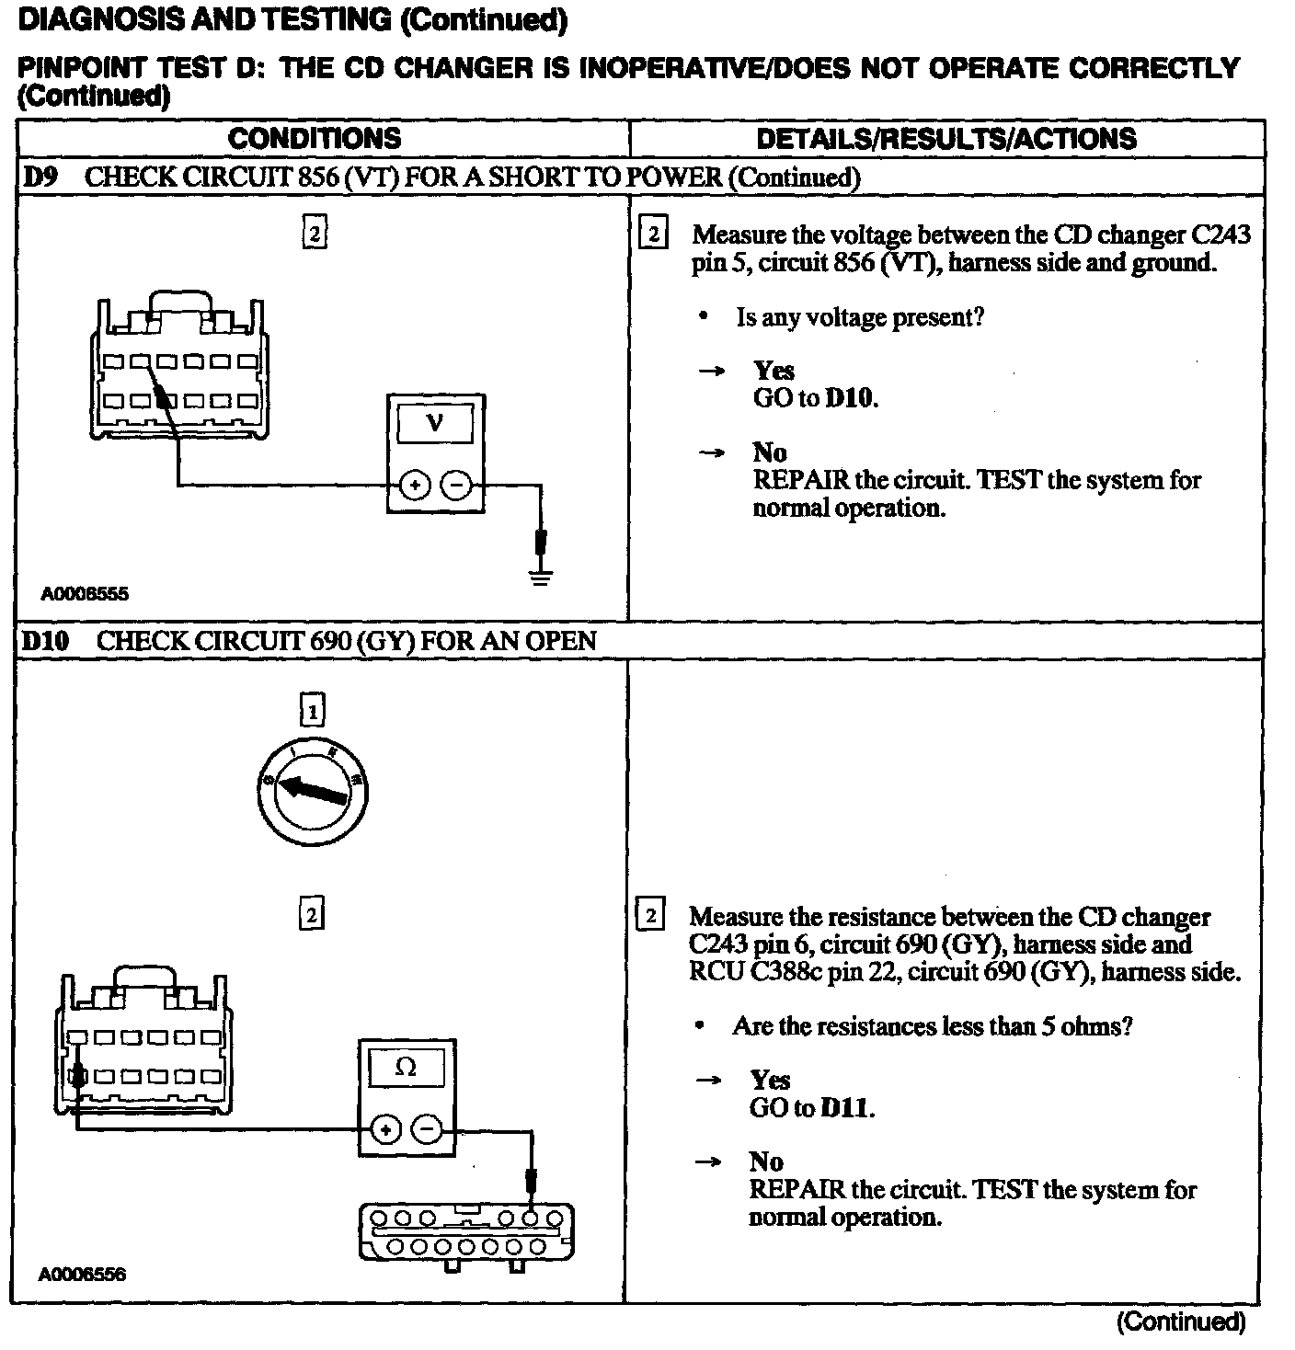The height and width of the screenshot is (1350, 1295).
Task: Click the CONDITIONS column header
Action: point(315,139)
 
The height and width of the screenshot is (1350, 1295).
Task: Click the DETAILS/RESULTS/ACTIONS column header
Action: point(946,139)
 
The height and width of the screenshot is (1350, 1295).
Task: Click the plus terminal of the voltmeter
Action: point(415,485)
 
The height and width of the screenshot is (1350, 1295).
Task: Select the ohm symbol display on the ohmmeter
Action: point(406,1068)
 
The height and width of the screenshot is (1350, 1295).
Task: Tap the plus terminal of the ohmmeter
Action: point(385,1129)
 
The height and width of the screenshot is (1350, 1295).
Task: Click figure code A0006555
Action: point(85,594)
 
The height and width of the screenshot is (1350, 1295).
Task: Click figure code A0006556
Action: point(82,1275)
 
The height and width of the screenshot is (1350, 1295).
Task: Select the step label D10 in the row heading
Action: point(45,641)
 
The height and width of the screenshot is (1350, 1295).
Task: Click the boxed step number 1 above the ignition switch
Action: point(313,711)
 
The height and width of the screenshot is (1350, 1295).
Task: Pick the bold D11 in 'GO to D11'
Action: point(844,1108)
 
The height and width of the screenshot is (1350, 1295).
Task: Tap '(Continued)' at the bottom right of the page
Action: point(1180,1322)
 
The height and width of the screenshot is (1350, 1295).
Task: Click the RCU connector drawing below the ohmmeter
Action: point(467,1234)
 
